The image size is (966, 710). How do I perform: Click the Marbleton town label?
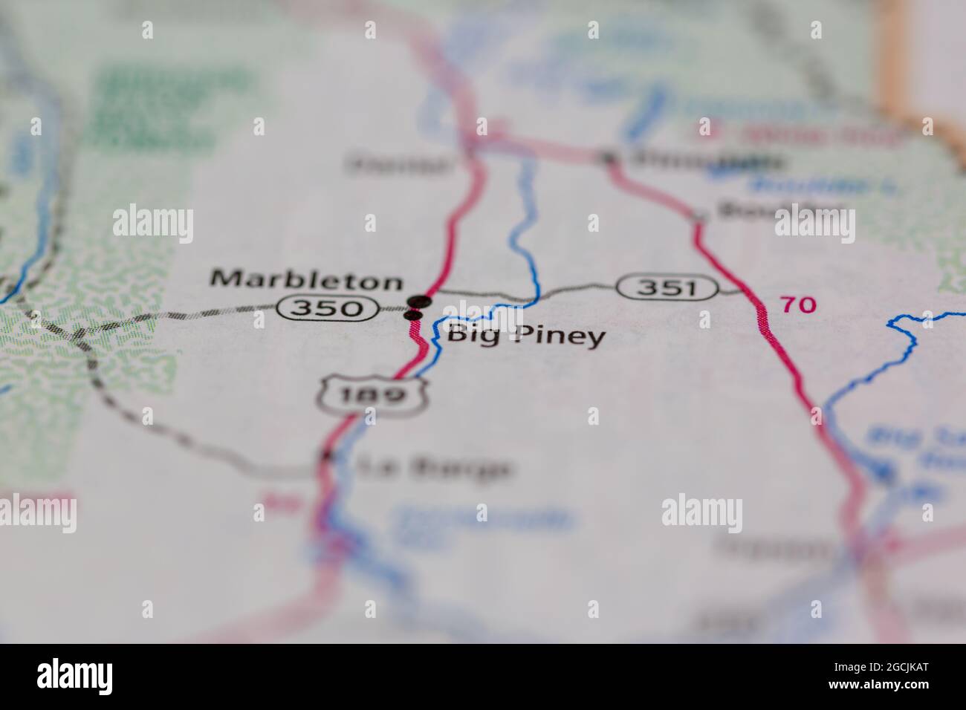click(307, 280)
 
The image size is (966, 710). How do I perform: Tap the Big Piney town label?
click(525, 336)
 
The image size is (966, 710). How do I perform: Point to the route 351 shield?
click(667, 287)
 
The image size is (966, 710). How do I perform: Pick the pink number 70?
click(797, 304)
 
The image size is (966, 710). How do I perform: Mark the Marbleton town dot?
click(421, 301)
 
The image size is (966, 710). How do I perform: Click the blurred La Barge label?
click(435, 468)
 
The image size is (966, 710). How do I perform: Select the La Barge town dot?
click(325, 457)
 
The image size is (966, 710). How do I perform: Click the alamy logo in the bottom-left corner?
click(75, 677)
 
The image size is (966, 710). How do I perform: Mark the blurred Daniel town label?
click(400, 163)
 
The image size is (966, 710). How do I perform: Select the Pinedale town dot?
click(609, 157)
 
